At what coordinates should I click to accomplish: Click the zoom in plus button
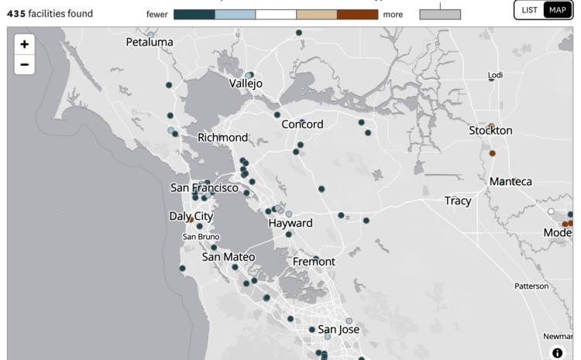(24, 44)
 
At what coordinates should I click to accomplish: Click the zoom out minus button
(24, 64)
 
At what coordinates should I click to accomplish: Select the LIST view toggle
(530, 9)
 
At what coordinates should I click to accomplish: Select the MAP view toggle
(558, 9)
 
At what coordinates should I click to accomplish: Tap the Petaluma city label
(150, 42)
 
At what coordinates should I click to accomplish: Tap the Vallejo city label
(246, 83)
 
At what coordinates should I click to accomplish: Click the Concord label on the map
(302, 124)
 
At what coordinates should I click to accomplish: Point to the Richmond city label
(222, 137)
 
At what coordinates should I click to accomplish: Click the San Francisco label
(205, 187)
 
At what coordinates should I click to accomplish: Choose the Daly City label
(191, 216)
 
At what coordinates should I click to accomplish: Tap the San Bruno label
(201, 236)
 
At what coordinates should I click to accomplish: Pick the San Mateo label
(229, 256)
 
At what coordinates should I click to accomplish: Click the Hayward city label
(290, 223)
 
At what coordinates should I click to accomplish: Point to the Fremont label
(314, 262)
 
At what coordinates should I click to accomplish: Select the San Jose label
(339, 329)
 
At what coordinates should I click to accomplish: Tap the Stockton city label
(490, 130)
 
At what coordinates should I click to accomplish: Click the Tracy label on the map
(458, 201)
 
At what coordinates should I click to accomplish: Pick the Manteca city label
(511, 181)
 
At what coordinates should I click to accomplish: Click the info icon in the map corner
(557, 353)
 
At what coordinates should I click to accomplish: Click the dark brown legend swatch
(357, 14)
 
